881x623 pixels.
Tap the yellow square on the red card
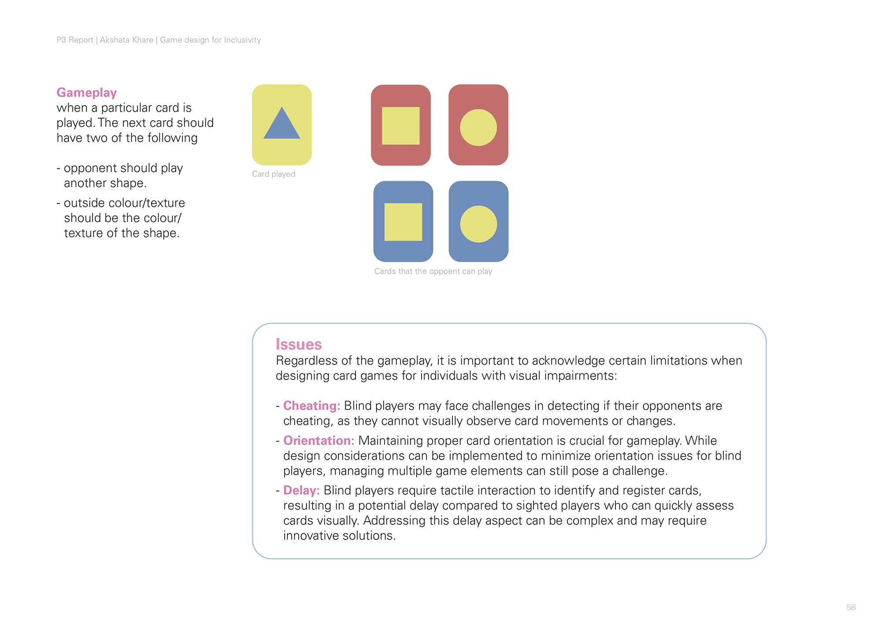click(x=400, y=126)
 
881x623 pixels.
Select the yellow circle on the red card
click(x=478, y=127)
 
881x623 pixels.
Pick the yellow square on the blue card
click(x=403, y=222)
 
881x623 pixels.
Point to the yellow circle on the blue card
click(x=478, y=224)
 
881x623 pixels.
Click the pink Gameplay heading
click(x=87, y=93)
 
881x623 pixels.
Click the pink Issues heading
click(x=299, y=344)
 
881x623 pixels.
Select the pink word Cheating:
click(x=311, y=405)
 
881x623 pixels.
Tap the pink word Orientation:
click(x=318, y=440)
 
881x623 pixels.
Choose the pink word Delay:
click(x=301, y=490)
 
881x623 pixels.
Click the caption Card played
click(x=274, y=174)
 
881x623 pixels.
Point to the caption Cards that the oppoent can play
click(x=433, y=271)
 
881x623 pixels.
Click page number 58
click(x=851, y=608)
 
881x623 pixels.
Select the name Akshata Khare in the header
click(x=126, y=40)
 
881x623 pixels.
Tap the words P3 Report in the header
click(x=75, y=40)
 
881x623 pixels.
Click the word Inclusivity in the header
click(x=242, y=40)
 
